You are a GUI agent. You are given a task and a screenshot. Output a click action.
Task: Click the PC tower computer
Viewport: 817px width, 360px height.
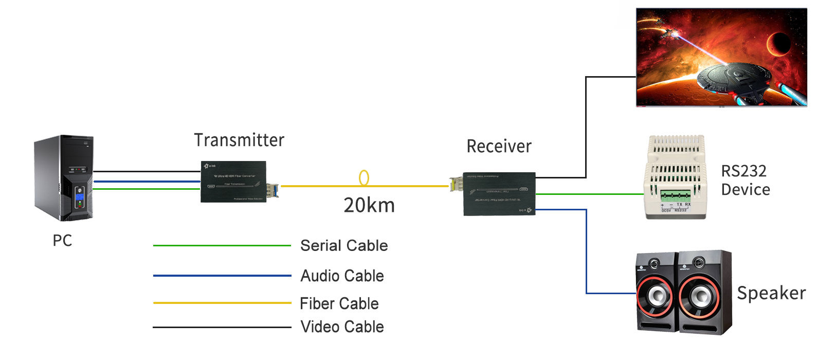[x=64, y=178]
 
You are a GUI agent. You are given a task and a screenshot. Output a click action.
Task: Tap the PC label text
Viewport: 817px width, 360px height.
[x=62, y=241]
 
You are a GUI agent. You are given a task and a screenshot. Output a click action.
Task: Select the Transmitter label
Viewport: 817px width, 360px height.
[x=239, y=140]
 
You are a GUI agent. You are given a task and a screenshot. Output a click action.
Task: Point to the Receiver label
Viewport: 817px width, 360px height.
[x=499, y=147]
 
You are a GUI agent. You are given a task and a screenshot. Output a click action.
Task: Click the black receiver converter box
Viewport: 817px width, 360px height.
[x=499, y=194]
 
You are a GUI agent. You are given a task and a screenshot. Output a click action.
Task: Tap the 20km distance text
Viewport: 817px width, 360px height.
[x=369, y=205]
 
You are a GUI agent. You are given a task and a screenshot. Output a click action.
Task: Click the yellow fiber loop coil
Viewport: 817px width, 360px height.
[x=364, y=178]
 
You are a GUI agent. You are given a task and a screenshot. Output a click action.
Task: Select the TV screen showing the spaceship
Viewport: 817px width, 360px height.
[x=721, y=57]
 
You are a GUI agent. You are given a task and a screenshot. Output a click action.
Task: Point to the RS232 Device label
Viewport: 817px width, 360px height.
[x=745, y=180]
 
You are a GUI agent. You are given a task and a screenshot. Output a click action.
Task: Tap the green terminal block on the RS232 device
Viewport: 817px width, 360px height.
[x=675, y=196]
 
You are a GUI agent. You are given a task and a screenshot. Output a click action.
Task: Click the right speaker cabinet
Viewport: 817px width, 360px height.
[x=704, y=292]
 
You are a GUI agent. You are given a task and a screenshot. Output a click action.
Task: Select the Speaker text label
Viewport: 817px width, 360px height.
[x=771, y=293]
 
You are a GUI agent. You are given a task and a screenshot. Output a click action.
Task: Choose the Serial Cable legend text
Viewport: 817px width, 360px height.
[x=344, y=246]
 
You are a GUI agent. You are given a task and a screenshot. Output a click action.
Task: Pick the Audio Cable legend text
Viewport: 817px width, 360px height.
[x=342, y=276]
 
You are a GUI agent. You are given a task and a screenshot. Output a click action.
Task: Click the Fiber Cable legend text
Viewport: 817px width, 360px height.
[x=339, y=303]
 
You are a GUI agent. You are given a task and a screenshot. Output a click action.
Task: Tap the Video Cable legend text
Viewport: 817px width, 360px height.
[x=342, y=327]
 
